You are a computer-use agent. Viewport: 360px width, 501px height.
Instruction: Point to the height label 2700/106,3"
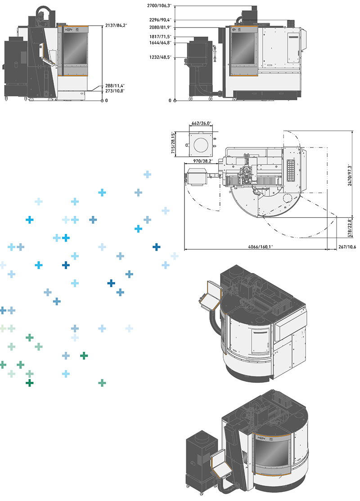(x=159, y=5)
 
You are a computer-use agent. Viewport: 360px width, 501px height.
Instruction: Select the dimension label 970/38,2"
(x=202, y=161)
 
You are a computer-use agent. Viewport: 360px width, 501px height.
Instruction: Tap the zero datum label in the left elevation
(x=106, y=100)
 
